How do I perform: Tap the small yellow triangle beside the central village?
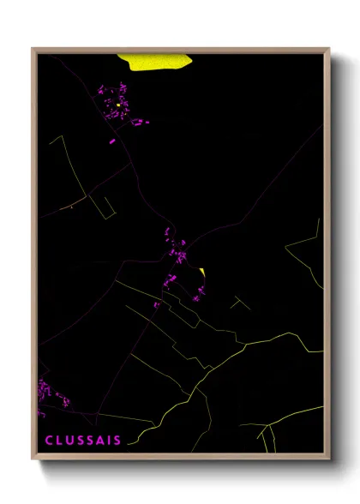click(x=201, y=273)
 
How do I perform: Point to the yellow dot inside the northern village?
click(x=118, y=105)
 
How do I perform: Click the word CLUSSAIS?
click(x=83, y=441)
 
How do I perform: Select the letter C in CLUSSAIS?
click(x=49, y=441)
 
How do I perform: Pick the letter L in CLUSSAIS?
click(x=58, y=441)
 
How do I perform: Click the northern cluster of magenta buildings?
click(x=118, y=105)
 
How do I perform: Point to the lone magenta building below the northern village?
click(x=112, y=141)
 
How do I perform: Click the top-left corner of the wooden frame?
click(x=33, y=49)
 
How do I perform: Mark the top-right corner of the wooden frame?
click(x=329, y=49)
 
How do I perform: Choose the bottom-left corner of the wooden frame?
click(x=33, y=459)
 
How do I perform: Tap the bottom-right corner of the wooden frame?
click(x=329, y=459)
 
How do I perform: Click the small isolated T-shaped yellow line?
click(x=238, y=301)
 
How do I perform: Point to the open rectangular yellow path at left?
click(x=102, y=204)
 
